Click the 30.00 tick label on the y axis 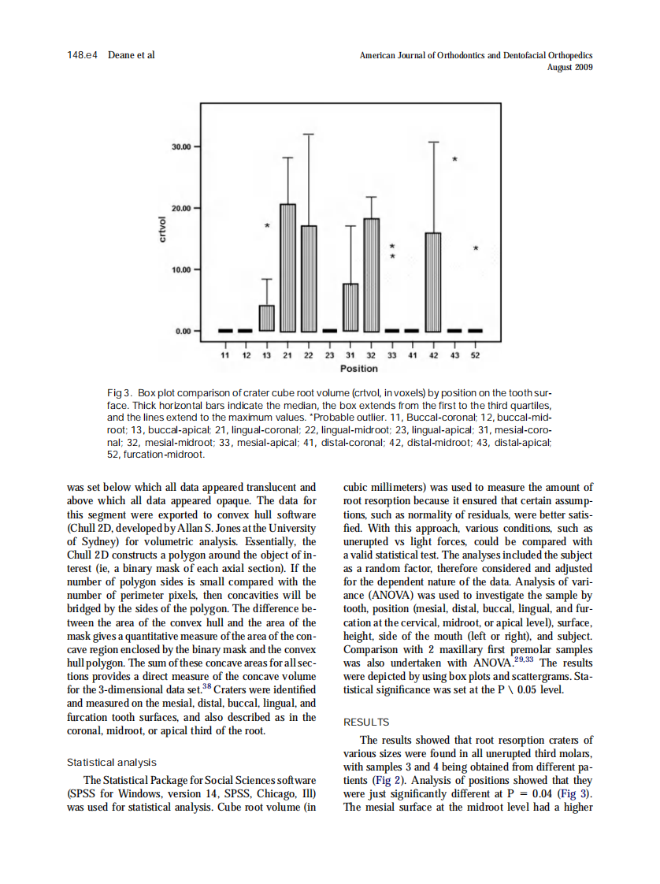(x=180, y=147)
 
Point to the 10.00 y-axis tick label (x=180, y=269)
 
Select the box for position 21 (x=287, y=267)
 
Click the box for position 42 (x=433, y=281)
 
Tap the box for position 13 (x=267, y=318)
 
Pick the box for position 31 (x=350, y=306)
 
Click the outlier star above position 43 (x=454, y=160)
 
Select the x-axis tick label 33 (x=392, y=356)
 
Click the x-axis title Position (x=358, y=369)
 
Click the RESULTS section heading (x=366, y=722)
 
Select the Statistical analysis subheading (x=111, y=763)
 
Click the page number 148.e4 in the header (x=83, y=55)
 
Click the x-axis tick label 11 (x=225, y=356)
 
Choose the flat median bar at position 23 (x=329, y=331)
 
